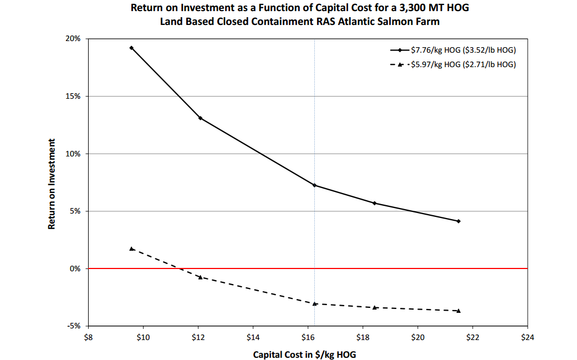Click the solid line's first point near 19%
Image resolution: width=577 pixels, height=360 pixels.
131,48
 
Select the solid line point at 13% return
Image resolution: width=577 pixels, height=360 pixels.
200,118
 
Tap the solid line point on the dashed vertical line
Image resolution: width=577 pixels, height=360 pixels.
315,185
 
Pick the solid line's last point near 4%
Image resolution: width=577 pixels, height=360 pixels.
458,221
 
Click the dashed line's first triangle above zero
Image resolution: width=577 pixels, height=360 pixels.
131,249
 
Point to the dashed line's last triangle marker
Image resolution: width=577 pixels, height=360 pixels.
458,311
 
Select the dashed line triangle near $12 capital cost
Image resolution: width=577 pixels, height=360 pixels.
200,277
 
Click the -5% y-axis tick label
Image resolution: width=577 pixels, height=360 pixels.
74,326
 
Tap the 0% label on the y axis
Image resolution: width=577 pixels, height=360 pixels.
76,268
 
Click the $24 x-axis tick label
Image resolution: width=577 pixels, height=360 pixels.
527,337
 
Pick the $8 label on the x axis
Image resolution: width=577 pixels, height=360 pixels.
88,337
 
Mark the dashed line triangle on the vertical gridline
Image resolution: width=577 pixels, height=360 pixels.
315,303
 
